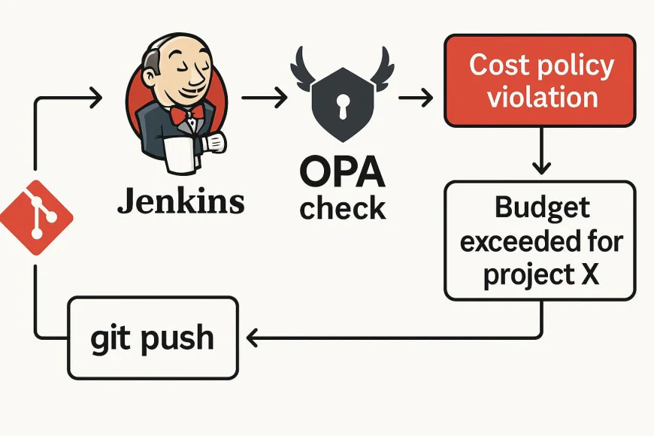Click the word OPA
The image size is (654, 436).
pos(342,174)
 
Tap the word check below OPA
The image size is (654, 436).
pos(343,207)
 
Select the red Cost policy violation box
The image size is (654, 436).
pos(540,80)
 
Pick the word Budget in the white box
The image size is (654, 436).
pos(541,207)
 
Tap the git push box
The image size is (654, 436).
pos(153,338)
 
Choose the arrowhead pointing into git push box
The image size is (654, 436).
pos(254,339)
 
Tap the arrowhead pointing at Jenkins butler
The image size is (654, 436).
pos(95,96)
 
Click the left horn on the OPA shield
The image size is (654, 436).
pos(304,63)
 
